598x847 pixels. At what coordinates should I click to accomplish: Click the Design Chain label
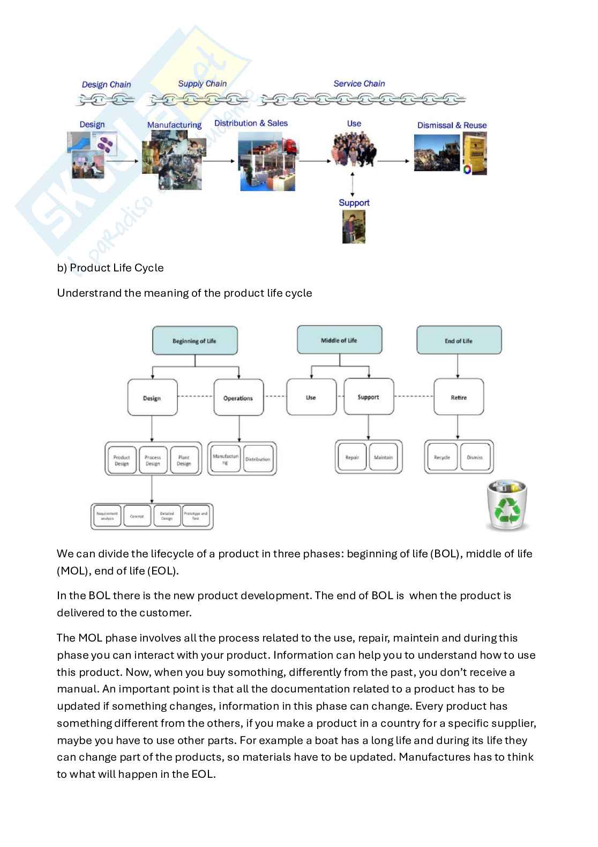click(x=106, y=84)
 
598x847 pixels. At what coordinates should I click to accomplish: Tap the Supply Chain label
click(x=202, y=84)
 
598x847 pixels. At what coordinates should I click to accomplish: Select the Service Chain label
click(x=359, y=84)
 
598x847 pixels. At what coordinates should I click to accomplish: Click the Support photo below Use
click(x=354, y=226)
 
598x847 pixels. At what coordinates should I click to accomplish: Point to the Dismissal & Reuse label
click(x=452, y=126)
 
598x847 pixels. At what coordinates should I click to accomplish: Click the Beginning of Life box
click(x=195, y=341)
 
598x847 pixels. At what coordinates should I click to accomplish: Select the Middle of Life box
click(x=339, y=340)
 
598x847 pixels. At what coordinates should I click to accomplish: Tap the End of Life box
click(x=459, y=341)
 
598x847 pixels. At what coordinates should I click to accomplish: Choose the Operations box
click(x=238, y=397)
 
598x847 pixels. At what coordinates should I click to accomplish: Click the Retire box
click(x=459, y=397)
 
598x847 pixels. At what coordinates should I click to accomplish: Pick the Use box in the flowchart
click(x=311, y=397)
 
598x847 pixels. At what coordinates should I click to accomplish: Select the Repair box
click(x=352, y=458)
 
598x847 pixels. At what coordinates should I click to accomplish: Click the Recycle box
click(x=442, y=458)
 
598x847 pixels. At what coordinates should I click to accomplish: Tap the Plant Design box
click(x=184, y=460)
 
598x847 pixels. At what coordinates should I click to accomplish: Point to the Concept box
click(x=137, y=517)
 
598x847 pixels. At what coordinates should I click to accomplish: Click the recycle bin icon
click(x=506, y=505)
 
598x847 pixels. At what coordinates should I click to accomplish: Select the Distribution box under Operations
click(x=258, y=459)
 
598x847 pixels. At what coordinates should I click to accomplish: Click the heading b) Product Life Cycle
click(x=110, y=268)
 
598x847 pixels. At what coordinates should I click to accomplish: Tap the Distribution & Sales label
click(x=251, y=123)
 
